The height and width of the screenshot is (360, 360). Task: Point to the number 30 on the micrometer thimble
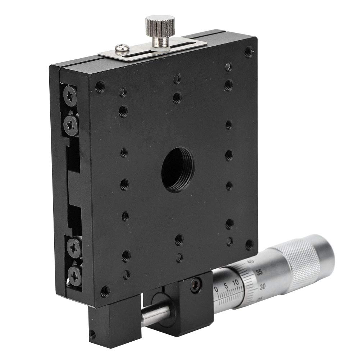coord(263,287)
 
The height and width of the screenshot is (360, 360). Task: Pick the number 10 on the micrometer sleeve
coord(236,283)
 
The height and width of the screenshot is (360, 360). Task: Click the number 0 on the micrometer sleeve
coord(216,288)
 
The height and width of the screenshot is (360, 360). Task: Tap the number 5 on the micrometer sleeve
coord(225,286)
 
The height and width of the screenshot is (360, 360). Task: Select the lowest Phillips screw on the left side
coord(75,277)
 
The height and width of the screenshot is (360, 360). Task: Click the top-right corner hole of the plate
coord(248,52)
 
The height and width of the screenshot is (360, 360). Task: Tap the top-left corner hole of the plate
coord(99,87)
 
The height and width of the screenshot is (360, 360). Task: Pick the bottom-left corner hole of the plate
coord(105,291)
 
